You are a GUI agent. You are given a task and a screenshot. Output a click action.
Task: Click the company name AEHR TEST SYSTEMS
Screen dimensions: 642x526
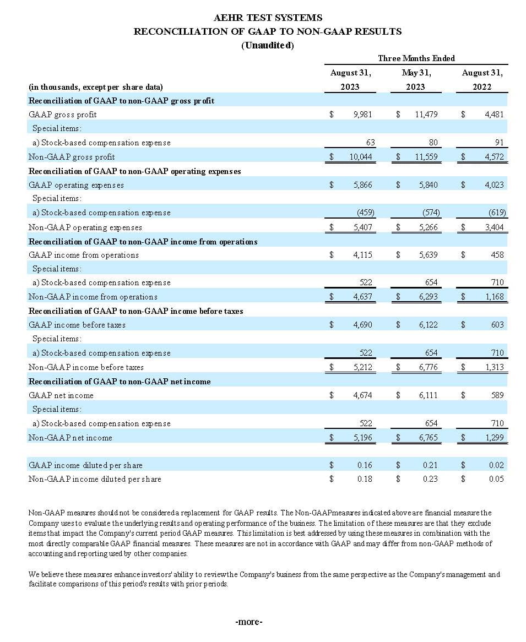pyautogui.click(x=268, y=18)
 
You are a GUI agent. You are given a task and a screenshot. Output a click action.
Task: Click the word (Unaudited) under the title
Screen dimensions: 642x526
pyautogui.click(x=268, y=45)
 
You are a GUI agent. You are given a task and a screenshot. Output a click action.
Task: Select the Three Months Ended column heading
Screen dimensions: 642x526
pyautogui.click(x=416, y=58)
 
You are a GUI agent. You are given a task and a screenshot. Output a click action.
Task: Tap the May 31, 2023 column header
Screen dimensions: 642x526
pyautogui.click(x=416, y=80)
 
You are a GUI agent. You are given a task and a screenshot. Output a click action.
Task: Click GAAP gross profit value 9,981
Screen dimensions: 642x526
pyautogui.click(x=362, y=115)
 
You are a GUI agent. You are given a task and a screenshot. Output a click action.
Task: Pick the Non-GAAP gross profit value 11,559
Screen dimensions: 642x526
pyautogui.click(x=426, y=157)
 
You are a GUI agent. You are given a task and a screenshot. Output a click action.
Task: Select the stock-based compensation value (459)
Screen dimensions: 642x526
pyautogui.click(x=362, y=213)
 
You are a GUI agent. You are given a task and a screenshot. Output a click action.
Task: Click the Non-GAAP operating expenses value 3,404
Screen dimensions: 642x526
pyautogui.click(x=494, y=227)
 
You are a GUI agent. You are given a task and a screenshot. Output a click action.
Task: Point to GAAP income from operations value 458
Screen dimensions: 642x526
pyautogui.click(x=497, y=255)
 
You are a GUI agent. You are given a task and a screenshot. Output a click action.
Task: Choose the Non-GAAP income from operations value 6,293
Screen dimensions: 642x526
pyautogui.click(x=428, y=297)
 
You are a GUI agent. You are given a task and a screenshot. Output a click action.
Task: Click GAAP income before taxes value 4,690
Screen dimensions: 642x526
pyautogui.click(x=362, y=325)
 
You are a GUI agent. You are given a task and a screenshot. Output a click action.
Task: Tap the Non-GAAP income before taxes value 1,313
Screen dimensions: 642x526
pyautogui.click(x=494, y=367)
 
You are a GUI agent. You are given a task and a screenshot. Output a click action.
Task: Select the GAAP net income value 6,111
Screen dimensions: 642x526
pyautogui.click(x=428, y=395)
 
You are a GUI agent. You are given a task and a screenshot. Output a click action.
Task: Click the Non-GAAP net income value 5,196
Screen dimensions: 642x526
pyautogui.click(x=362, y=438)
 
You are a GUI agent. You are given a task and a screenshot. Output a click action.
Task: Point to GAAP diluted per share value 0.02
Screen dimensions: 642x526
pyautogui.click(x=496, y=465)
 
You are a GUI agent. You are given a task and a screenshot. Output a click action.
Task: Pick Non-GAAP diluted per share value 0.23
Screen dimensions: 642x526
pyautogui.click(x=430, y=479)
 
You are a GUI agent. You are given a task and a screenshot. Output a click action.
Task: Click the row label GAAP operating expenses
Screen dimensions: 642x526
pyautogui.click(x=76, y=185)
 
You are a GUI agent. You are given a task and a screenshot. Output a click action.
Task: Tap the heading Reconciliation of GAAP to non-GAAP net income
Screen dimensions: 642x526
pyautogui.click(x=120, y=382)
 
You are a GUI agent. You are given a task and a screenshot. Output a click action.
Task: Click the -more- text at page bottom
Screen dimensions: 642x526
pyautogui.click(x=249, y=622)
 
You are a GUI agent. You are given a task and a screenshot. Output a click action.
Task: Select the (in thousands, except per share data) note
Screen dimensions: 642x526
pyautogui.click(x=95, y=87)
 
